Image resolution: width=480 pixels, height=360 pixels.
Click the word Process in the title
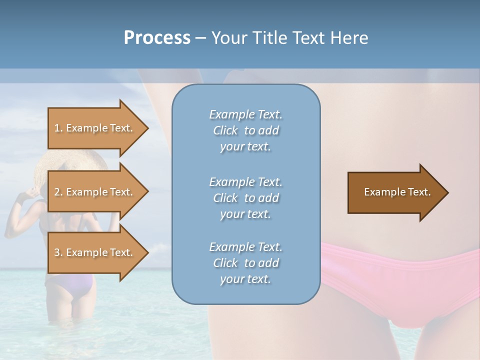[157, 38]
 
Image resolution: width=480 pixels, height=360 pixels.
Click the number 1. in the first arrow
[58, 128]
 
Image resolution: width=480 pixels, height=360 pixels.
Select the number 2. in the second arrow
[58, 192]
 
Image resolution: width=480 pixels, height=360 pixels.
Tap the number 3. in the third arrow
[58, 252]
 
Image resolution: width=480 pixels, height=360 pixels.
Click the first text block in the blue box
[245, 130]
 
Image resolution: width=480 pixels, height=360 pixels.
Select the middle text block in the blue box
[245, 198]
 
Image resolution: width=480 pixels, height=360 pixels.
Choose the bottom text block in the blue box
[245, 263]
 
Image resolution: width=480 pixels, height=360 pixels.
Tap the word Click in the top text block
[225, 131]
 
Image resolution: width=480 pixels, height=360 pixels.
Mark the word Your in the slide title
[228, 38]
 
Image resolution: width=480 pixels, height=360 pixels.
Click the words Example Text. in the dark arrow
[397, 192]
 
